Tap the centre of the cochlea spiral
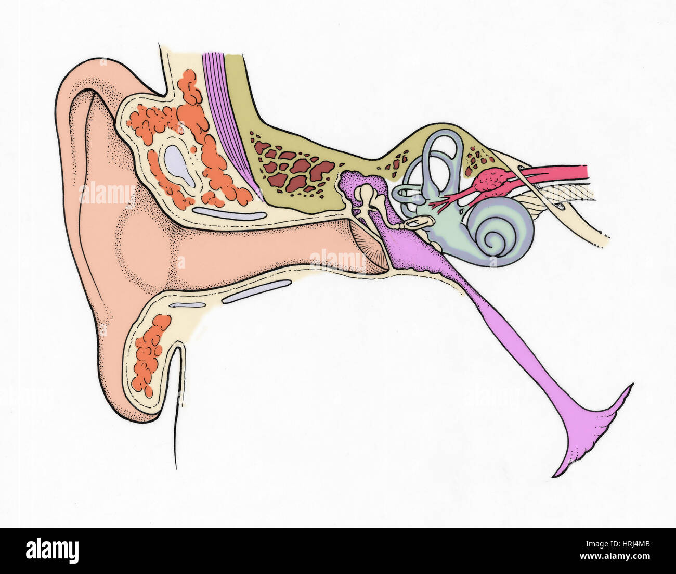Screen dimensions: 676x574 click(497, 241)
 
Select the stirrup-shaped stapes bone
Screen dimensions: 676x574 click(417, 224)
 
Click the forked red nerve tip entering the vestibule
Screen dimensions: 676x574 click(440, 203)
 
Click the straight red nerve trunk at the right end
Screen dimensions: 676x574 click(556, 172)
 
